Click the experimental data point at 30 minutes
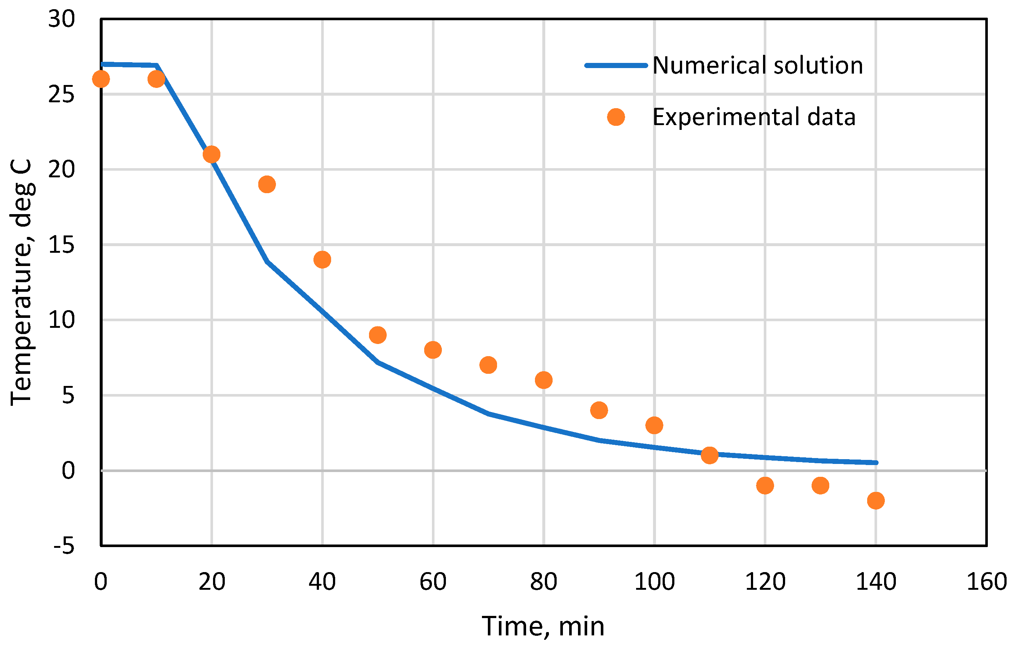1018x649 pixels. (267, 184)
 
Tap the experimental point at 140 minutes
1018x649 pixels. (876, 501)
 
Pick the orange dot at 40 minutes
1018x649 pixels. (322, 260)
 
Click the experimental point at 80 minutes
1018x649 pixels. (544, 380)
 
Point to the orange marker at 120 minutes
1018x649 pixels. (765, 485)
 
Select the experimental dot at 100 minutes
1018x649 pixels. (655, 425)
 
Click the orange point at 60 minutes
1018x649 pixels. (433, 350)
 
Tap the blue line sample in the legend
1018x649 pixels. (616, 65)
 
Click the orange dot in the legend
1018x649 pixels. (616, 117)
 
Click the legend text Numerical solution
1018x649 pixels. (757, 65)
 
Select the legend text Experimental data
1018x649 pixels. (754, 117)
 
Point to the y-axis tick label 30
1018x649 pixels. (61, 19)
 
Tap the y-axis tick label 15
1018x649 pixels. (61, 245)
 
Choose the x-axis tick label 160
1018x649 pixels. (987, 582)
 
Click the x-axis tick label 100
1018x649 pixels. (655, 582)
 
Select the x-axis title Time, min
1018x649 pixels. (543, 626)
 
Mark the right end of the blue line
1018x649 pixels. (876, 462)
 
